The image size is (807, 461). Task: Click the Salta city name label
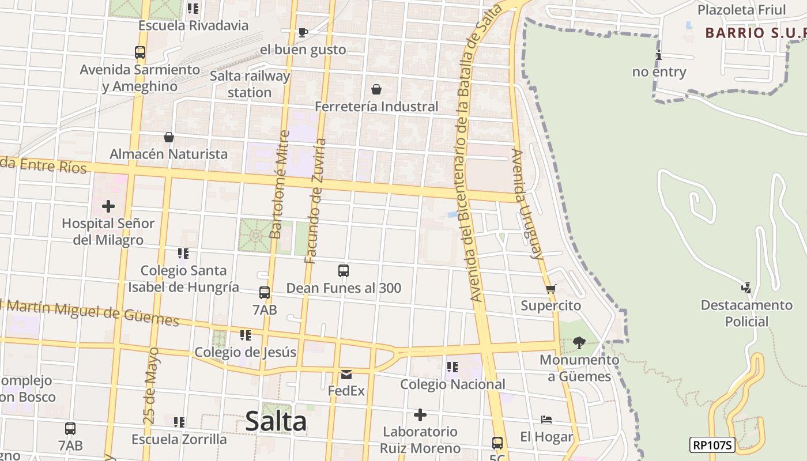point(276,421)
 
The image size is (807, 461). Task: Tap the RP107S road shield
point(712,445)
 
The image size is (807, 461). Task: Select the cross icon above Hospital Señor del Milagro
point(108,206)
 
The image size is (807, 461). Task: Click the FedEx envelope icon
point(346,375)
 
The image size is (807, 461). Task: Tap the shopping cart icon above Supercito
point(550,289)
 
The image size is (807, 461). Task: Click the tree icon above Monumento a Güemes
point(579,343)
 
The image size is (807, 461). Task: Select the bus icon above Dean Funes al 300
point(344,271)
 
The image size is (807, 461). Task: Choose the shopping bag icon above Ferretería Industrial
point(376,89)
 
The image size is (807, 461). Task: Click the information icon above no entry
point(659,55)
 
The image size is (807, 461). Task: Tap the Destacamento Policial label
point(746,313)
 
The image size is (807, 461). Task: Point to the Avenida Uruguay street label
point(527,204)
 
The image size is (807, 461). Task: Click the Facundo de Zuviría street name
point(316,201)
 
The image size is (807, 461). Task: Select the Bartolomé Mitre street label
point(280,184)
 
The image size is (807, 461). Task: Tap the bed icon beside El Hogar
point(546,420)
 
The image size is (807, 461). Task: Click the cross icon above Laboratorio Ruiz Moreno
point(420,415)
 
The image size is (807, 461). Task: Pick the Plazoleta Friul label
point(741,10)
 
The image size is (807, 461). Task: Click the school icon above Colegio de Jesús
point(246,335)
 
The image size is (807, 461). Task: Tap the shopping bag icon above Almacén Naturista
point(169,137)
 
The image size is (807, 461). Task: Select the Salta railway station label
point(250,84)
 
